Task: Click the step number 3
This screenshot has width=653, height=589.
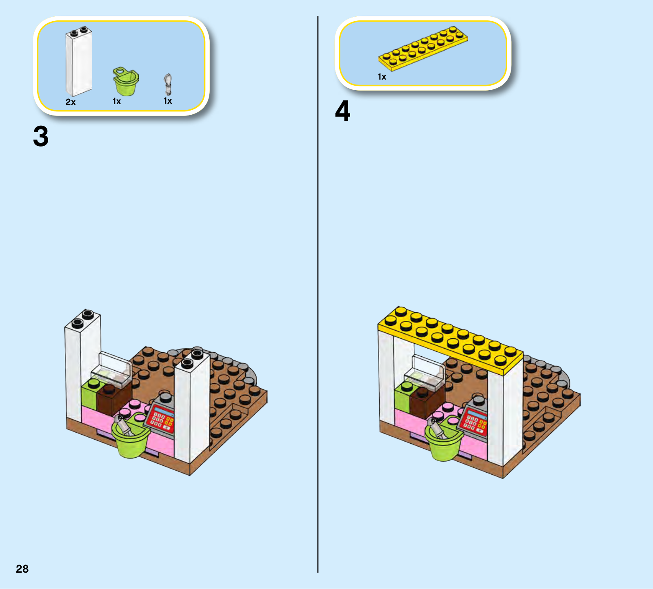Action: coord(41,136)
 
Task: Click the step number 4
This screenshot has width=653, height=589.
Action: coord(342,111)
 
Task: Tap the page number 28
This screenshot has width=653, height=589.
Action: coord(22,569)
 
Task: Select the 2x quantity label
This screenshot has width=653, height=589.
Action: coord(71,102)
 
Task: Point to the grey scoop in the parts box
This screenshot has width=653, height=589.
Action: coord(168,84)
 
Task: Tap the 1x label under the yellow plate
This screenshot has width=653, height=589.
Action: coord(382,77)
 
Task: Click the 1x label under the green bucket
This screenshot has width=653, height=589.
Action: coord(117,101)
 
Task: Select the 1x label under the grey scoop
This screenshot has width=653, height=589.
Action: coord(168,101)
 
